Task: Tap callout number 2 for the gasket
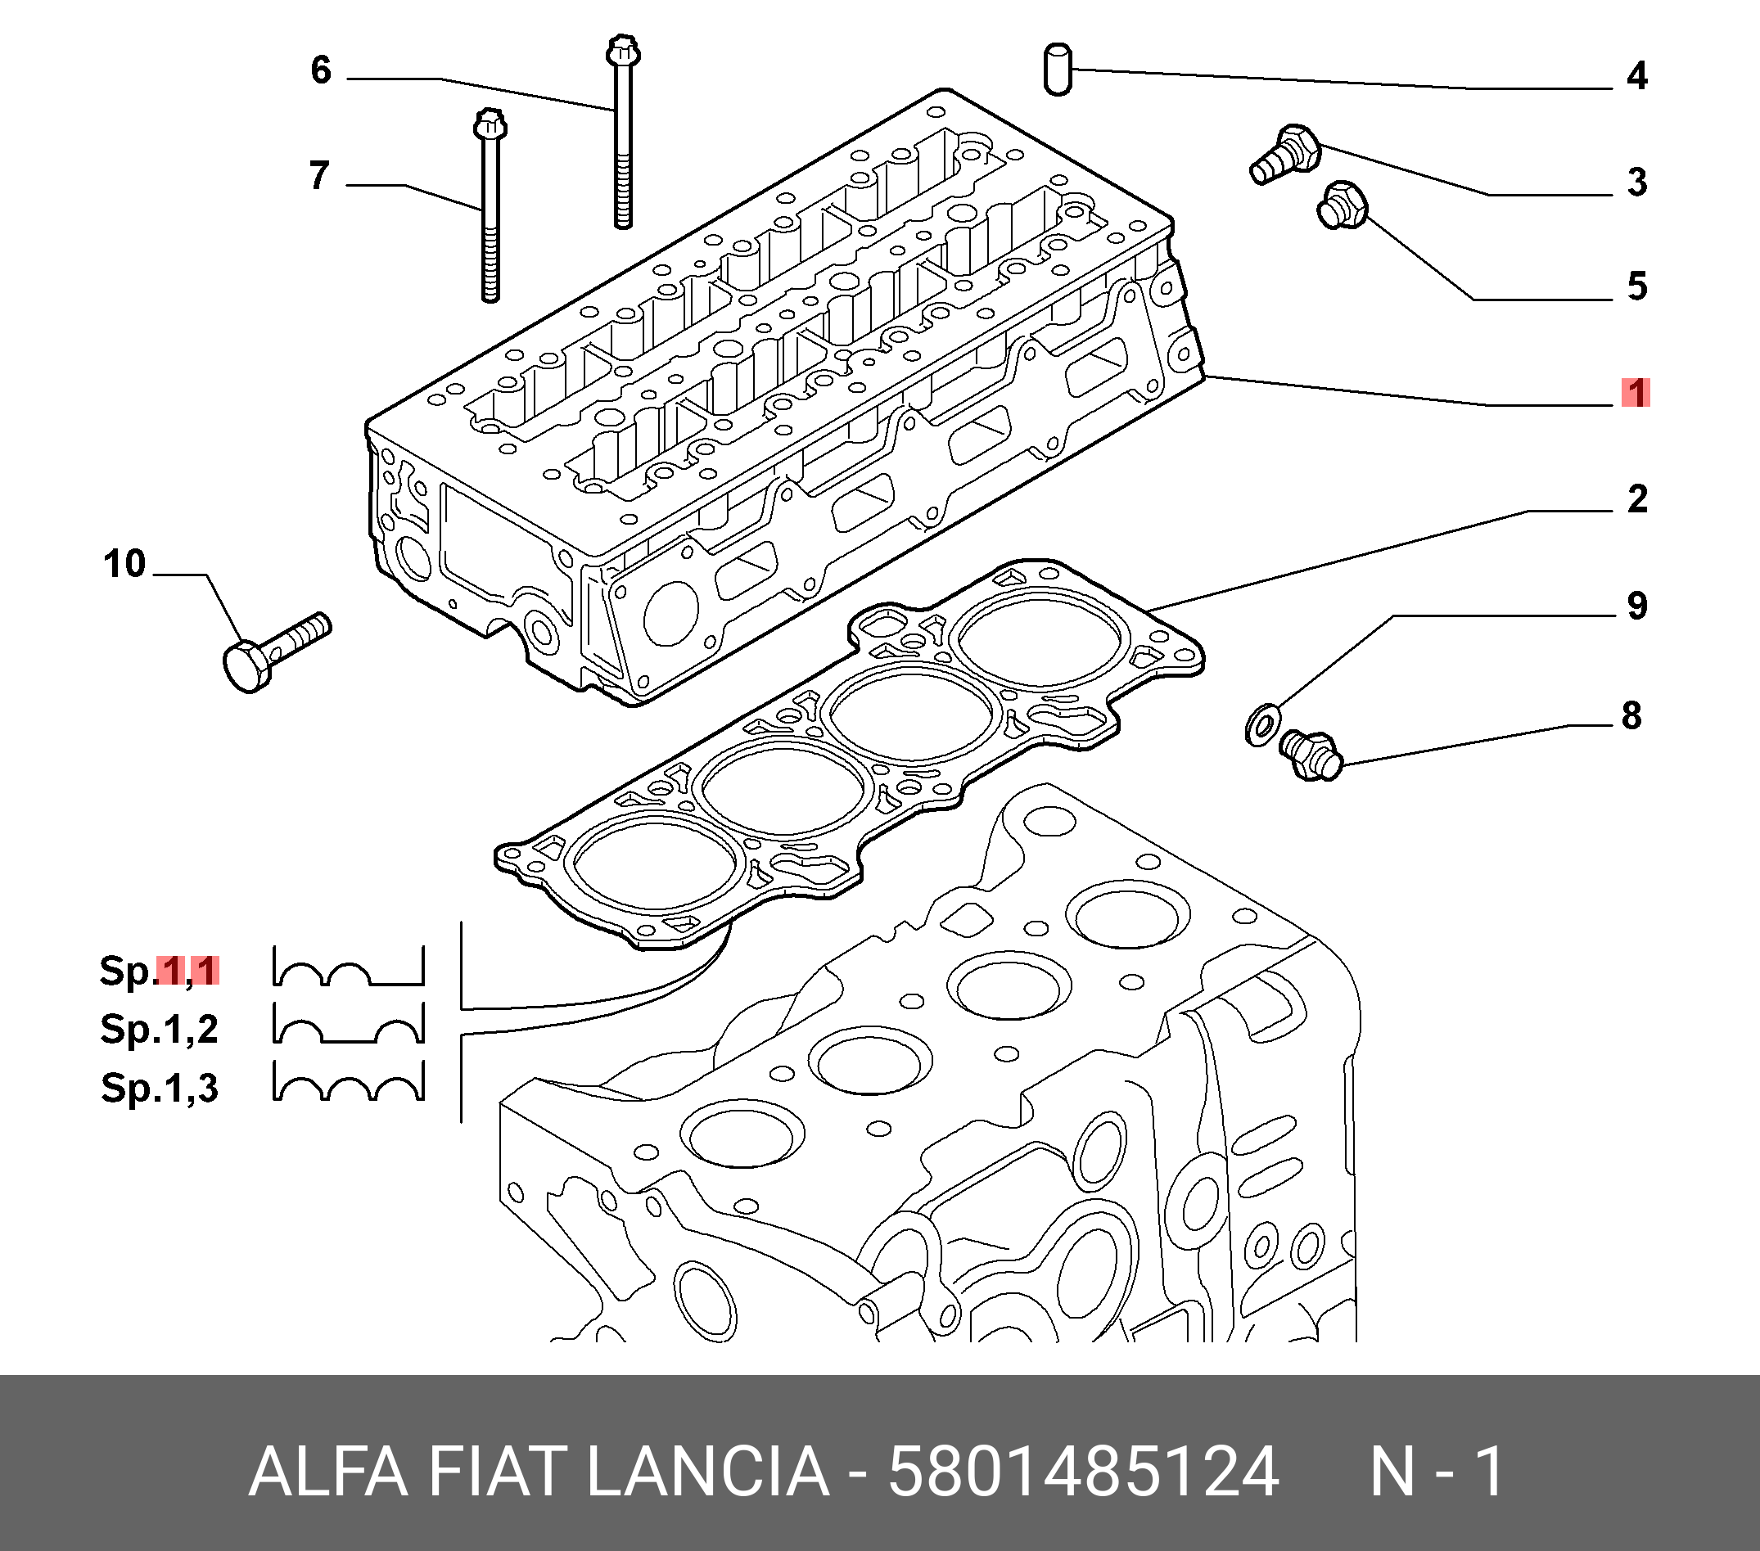(1637, 499)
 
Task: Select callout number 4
(1637, 76)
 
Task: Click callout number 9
(1637, 606)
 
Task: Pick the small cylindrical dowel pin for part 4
(1058, 69)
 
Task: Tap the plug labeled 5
(1342, 205)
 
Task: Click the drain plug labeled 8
(1311, 755)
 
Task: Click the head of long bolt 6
(622, 52)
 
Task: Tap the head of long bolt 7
(489, 126)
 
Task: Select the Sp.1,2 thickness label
(160, 1029)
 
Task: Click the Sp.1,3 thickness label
(160, 1088)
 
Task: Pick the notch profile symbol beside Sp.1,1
(349, 967)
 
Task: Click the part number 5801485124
(1082, 1471)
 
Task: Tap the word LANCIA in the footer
(708, 1471)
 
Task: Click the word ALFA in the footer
(327, 1471)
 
